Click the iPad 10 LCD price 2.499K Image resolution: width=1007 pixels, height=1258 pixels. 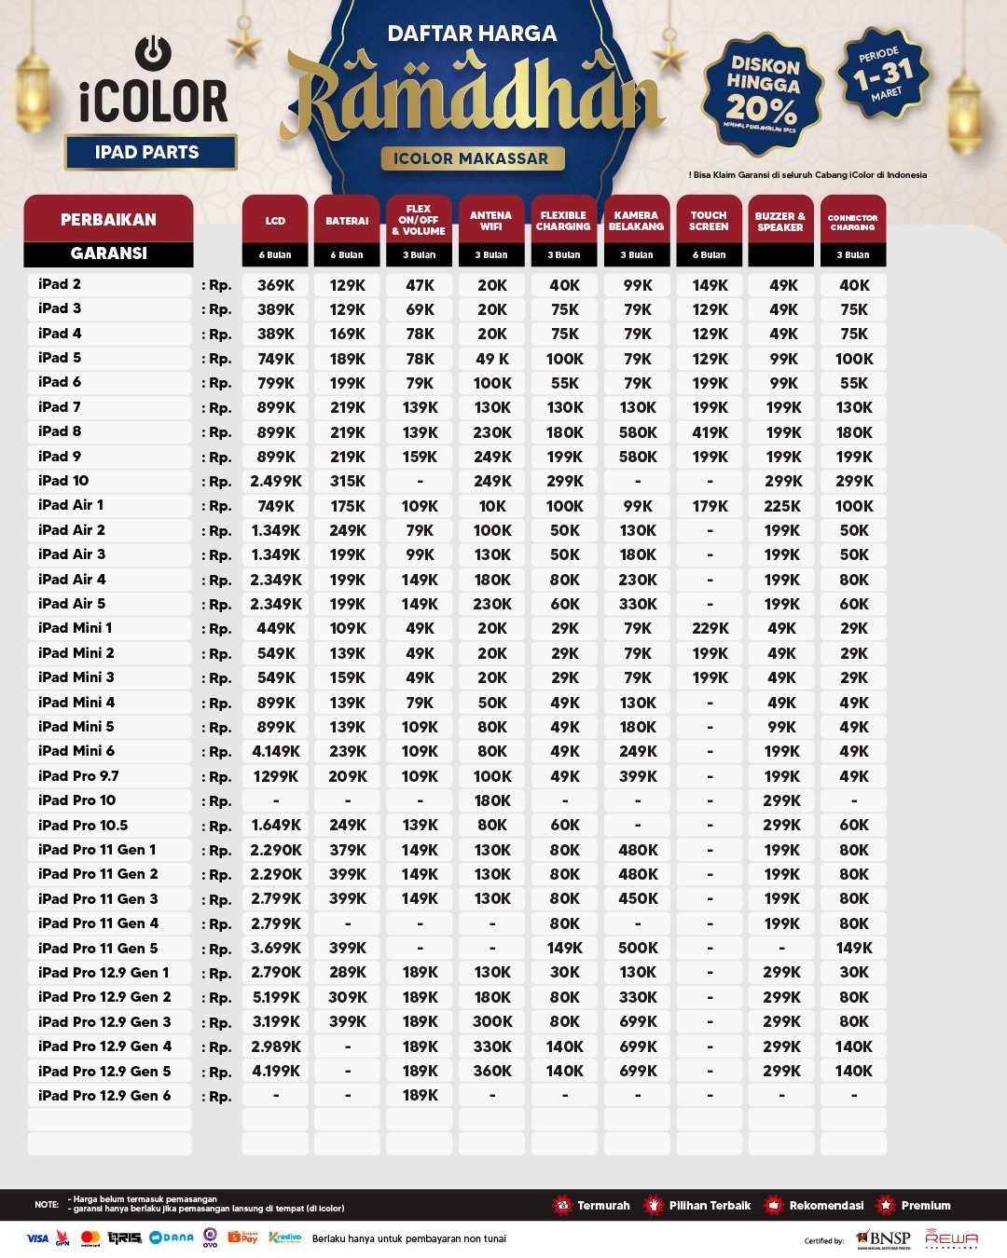[x=275, y=482]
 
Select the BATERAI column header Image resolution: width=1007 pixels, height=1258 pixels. [x=347, y=221]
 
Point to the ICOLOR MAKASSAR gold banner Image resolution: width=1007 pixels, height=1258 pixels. [x=471, y=158]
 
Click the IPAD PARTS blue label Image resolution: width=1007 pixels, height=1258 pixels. [x=147, y=153]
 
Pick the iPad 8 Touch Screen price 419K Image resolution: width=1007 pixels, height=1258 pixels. [x=710, y=432]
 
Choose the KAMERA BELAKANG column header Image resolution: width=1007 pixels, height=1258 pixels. [x=636, y=221]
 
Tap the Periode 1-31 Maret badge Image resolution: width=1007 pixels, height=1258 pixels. [x=882, y=74]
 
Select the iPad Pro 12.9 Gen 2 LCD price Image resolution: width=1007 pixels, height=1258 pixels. [x=275, y=997]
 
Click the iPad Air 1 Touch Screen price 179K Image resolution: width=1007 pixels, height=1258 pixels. [x=710, y=506]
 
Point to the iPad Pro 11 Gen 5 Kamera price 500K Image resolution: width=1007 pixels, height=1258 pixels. [x=638, y=948]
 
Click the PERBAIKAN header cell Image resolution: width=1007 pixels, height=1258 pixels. [x=108, y=220]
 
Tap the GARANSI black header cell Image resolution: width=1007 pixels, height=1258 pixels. [x=108, y=253]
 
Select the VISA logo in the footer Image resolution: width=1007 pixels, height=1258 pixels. [x=37, y=1238]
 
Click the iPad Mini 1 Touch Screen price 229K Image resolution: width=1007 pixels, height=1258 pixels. [x=710, y=628]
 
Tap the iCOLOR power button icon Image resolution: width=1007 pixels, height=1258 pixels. [x=153, y=51]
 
